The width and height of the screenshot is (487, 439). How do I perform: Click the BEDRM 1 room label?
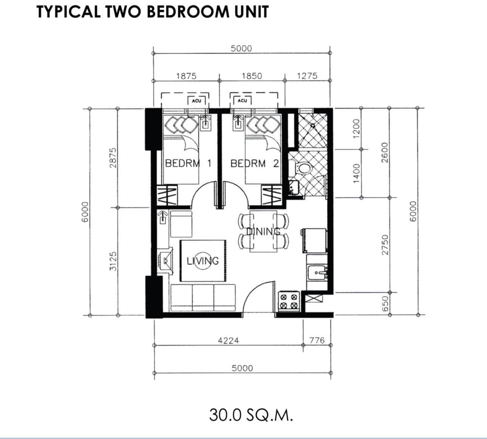tap(188, 164)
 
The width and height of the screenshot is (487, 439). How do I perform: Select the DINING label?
tap(264, 231)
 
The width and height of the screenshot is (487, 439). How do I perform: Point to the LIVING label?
tap(203, 261)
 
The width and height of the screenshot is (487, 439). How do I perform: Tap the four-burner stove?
tap(289, 301)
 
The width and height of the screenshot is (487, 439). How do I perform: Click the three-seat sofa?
tap(203, 298)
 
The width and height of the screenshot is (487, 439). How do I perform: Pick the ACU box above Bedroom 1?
tap(196, 101)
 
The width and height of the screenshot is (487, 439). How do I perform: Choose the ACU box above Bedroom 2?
tap(242, 101)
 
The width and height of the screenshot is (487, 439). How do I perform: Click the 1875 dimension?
tap(186, 76)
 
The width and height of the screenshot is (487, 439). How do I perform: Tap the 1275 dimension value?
tap(307, 76)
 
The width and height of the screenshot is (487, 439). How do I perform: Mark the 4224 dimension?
tap(228, 341)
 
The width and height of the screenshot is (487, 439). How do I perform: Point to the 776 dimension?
tap(317, 340)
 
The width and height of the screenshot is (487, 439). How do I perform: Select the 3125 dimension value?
tap(113, 261)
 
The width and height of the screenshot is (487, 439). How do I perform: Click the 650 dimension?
tap(385, 304)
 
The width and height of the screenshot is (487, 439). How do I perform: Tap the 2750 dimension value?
tap(385, 245)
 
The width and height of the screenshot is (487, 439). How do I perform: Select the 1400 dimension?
tap(356, 173)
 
